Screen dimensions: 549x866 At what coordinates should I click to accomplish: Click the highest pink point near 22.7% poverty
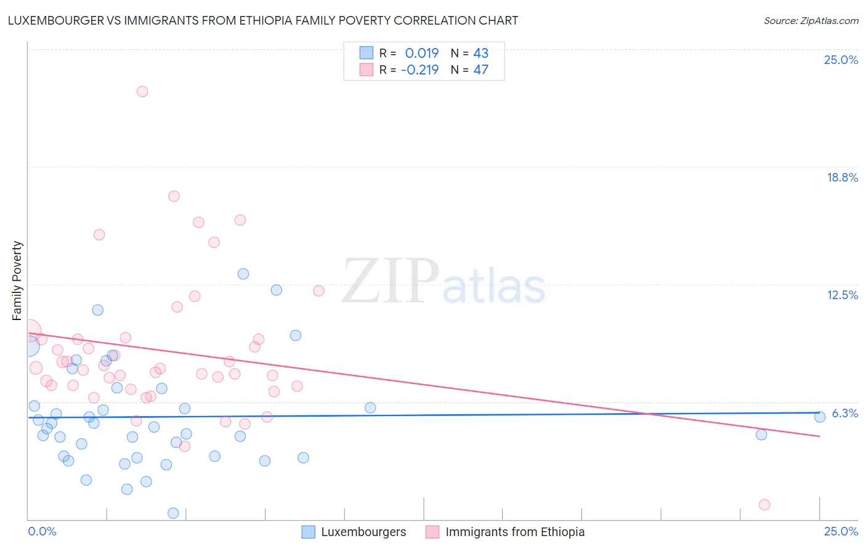coord(142,92)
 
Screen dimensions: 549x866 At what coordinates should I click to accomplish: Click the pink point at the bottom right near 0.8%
coord(764,505)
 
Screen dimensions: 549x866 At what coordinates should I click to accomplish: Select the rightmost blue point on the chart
coord(820,417)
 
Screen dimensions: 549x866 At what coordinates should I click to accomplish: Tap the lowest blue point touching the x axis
coord(173,513)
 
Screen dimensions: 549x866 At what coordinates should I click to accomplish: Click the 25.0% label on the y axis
coord(841,60)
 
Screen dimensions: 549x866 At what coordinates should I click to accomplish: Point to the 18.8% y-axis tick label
coord(842,177)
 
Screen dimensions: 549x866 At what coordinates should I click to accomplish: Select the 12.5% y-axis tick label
coord(842,295)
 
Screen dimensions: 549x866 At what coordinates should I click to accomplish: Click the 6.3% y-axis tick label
coord(845,413)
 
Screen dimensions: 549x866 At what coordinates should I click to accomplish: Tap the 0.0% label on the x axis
coord(42,531)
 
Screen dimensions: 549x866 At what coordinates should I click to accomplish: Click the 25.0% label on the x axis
coord(841,531)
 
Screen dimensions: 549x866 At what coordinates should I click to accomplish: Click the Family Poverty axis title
coord(17,281)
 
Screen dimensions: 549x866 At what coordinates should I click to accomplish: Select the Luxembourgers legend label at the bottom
coord(363,532)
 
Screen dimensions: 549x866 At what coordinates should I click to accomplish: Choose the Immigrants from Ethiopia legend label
coord(515,532)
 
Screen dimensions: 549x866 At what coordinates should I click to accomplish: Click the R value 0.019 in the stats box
coord(422,53)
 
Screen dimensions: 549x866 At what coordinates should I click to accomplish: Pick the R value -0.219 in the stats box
coord(419,70)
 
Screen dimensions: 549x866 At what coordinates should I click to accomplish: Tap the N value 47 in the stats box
coord(480,70)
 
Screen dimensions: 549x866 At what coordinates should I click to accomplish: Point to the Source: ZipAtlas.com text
coord(811,20)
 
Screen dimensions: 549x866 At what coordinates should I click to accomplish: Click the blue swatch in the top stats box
coord(366,53)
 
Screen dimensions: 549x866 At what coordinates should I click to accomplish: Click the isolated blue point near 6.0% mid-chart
coord(370,407)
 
